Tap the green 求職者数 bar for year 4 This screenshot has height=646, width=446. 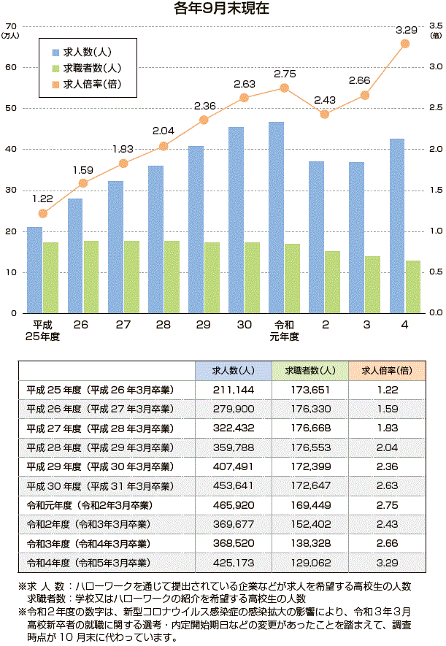click(412, 286)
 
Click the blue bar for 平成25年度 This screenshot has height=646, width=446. click(34, 269)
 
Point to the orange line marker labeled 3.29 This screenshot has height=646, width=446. click(405, 44)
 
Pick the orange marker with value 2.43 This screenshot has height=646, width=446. click(325, 114)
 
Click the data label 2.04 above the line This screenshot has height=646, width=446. click(163, 131)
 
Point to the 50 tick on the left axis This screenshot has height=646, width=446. click(11, 109)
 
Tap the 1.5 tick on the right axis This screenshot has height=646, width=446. click(437, 190)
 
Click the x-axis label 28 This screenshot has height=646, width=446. click(163, 324)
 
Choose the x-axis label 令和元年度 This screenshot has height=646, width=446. click(284, 330)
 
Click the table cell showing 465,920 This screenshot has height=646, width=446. click(234, 505)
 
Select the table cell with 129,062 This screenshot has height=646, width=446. click(310, 564)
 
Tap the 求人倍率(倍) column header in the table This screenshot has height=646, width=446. click(387, 370)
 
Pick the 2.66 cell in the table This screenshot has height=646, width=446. click(387, 544)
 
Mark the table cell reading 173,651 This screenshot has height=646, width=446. click(310, 390)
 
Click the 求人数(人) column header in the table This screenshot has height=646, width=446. click(234, 370)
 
